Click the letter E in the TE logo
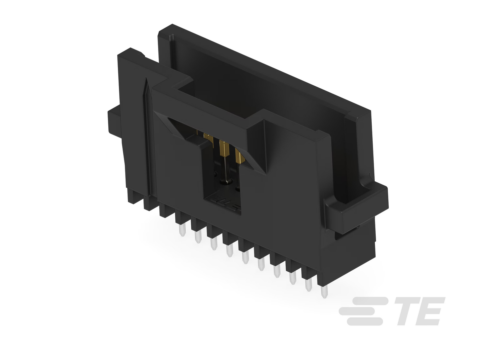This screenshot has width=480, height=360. (430, 311)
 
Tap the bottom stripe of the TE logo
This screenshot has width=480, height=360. (365, 321)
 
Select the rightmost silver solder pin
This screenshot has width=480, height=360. (324, 292)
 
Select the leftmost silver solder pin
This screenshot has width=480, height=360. (182, 230)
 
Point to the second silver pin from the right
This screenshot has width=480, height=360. (308, 285)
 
